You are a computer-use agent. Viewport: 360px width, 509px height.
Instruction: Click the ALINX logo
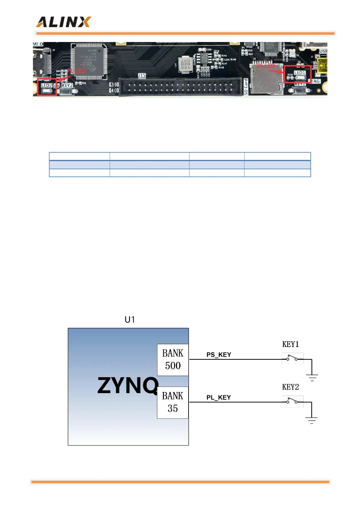(63, 22)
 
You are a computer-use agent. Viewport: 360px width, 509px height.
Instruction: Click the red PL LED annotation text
(76, 71)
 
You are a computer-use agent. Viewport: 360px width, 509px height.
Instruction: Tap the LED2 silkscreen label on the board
(46, 86)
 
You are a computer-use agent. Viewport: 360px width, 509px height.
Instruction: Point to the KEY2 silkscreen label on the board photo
(67, 85)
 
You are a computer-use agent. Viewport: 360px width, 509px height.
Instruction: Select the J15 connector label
(142, 75)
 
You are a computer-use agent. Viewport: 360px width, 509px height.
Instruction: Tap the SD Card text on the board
(246, 87)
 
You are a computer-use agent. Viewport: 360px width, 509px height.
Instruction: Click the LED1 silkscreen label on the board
(300, 73)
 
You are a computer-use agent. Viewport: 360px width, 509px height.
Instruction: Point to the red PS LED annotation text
(266, 66)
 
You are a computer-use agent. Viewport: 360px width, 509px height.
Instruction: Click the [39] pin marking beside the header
(114, 84)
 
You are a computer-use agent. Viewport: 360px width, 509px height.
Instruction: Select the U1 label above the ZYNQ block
(130, 319)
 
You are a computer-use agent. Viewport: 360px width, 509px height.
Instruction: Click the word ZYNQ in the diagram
(128, 385)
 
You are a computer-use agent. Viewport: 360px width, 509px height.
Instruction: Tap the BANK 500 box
(173, 360)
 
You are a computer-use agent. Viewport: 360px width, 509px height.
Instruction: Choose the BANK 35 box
(173, 402)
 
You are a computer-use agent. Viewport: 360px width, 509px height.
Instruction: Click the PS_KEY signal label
(219, 355)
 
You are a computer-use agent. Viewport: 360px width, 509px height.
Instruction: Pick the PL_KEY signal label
(219, 397)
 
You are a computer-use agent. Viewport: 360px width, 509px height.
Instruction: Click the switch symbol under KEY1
(292, 359)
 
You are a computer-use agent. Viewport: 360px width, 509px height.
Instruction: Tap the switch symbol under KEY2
(292, 401)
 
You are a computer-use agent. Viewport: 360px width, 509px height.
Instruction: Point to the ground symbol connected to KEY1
(312, 377)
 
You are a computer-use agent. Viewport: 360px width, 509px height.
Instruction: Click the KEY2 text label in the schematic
(290, 387)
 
